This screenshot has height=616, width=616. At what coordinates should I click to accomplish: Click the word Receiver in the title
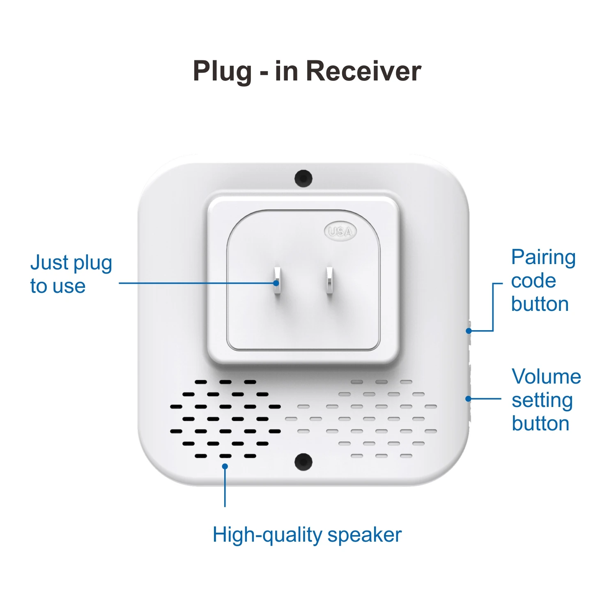coord(363,71)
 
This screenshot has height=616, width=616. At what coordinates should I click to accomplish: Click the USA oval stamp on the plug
coord(340,232)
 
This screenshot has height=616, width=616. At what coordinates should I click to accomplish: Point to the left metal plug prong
coord(277,281)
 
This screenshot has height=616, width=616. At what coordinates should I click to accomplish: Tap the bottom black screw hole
coord(303,462)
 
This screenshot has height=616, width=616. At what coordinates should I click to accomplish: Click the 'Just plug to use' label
coord(71,274)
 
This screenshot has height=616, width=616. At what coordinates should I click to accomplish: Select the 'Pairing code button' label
coord(543,280)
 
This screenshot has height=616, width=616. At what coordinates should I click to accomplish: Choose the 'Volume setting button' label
coord(546,400)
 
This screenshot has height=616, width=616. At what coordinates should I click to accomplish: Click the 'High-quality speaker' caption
coord(307,535)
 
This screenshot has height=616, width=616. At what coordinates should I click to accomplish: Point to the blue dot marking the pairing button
coord(469,331)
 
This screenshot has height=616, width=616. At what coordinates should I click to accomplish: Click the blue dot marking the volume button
coord(468,398)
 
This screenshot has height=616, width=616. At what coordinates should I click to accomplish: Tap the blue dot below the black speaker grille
coord(225,466)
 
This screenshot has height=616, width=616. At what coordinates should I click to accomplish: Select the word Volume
coord(546,376)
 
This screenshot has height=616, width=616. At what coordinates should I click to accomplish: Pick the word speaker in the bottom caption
coord(364,535)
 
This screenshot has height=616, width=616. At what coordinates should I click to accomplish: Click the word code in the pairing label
coord(533,281)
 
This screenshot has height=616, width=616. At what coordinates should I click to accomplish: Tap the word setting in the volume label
coord(542,400)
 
